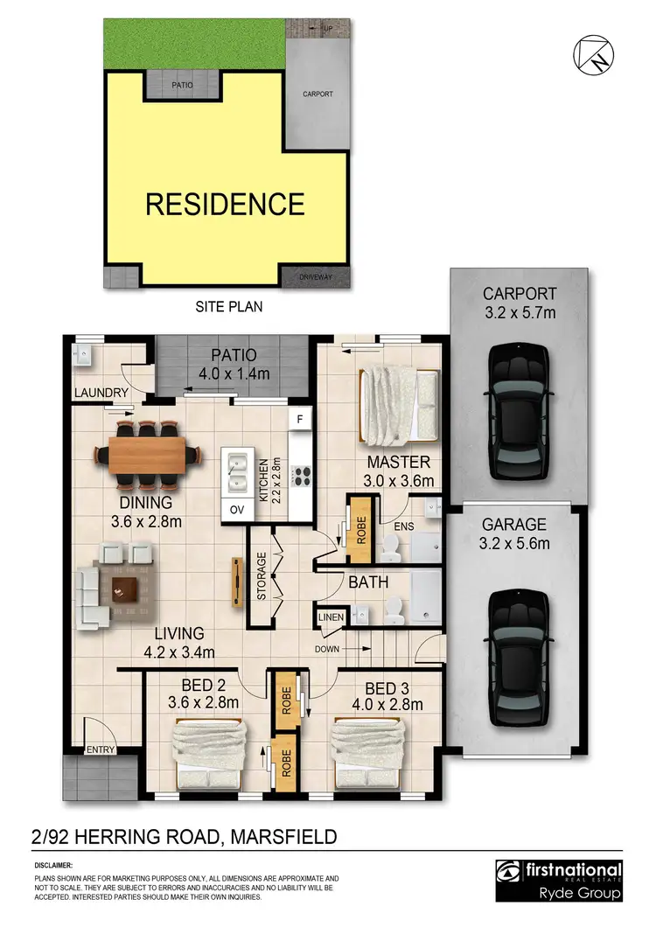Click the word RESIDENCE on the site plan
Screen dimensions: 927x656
pos(225,205)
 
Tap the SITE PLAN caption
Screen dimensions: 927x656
pos(227,307)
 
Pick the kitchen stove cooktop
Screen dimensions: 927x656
pos(303,477)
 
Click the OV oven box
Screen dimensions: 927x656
pos(235,509)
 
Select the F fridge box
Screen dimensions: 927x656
pos(300,420)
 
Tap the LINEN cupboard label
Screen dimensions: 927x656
pos(330,618)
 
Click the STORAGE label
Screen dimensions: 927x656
pos(261,576)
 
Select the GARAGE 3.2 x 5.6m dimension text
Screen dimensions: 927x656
pos(514,543)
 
